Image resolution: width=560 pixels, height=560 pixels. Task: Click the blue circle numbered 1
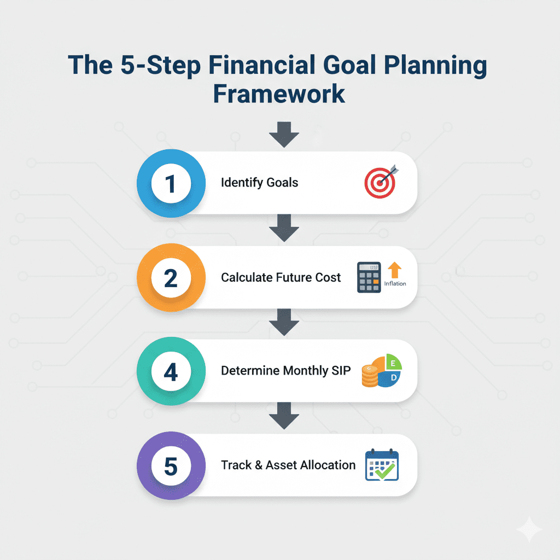171,183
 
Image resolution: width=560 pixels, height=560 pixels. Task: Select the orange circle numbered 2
171,278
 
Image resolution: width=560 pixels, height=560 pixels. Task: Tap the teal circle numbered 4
171,372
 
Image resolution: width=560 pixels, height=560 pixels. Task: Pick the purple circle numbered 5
171,466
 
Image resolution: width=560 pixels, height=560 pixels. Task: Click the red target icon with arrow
381,182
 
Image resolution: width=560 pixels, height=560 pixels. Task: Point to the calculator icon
369,277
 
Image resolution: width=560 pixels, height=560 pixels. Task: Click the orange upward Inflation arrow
394,270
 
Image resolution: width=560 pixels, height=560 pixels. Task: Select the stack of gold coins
370,377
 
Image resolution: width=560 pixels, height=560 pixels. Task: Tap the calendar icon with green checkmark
382,465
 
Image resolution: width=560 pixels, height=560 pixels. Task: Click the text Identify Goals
259,183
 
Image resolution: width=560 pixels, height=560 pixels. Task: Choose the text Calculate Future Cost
281,277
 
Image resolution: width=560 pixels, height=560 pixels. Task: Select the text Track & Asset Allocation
288,465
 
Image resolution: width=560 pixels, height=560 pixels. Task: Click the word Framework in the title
279,93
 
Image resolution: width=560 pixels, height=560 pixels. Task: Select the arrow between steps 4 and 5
284,417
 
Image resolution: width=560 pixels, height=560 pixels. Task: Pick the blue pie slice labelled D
392,379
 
